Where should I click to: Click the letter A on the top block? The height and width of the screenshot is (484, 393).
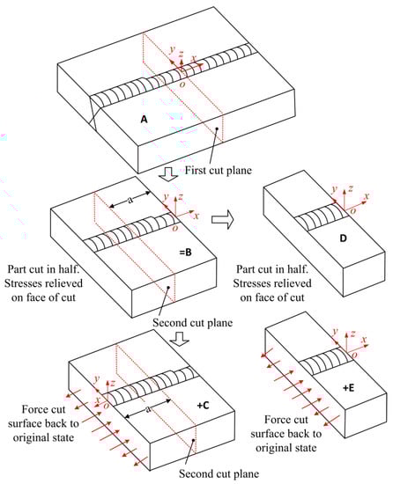[x=144, y=119]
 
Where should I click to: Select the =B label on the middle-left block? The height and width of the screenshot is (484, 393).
[x=185, y=253]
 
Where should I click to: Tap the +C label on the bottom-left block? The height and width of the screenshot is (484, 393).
[x=203, y=405]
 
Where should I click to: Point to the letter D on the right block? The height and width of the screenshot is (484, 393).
[x=343, y=238]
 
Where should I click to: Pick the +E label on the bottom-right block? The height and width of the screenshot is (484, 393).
[x=348, y=388]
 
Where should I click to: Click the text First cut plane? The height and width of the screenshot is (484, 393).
[x=219, y=170]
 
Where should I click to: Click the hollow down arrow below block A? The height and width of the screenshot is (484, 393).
[x=168, y=174]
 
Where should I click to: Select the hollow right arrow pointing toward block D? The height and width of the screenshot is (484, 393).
[x=222, y=219]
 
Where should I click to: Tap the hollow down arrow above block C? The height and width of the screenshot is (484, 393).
[x=179, y=338]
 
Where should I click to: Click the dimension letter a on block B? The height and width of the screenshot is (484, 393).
[x=130, y=200]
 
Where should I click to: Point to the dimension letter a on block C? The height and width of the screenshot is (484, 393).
[x=148, y=409]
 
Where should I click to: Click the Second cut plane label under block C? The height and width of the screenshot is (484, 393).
[x=219, y=473]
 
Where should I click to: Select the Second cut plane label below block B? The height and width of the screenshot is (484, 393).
[x=192, y=323]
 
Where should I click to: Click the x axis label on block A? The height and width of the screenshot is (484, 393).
[x=194, y=58]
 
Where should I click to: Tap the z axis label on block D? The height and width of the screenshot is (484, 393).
[x=350, y=188]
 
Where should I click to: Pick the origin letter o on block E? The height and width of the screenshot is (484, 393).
[x=354, y=356]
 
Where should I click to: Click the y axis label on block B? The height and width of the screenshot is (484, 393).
[x=166, y=196]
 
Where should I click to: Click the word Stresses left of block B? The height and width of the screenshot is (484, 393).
[x=43, y=283]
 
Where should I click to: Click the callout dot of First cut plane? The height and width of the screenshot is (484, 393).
[x=218, y=128]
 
